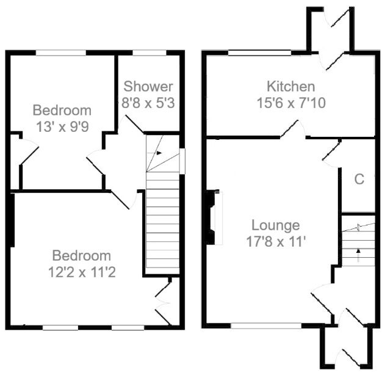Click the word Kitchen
(x=290, y=86)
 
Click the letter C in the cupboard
(x=359, y=179)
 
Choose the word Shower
(x=148, y=87)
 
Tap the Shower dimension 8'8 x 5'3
(x=148, y=103)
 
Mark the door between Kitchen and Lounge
(x=294, y=130)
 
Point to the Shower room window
(x=150, y=53)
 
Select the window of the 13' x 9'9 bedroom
(x=60, y=53)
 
